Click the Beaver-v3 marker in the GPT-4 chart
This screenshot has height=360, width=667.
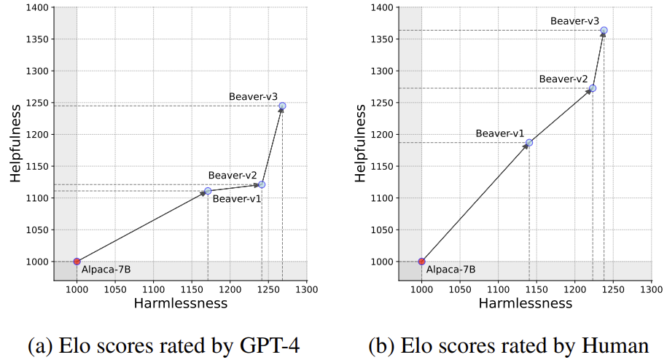[282, 106]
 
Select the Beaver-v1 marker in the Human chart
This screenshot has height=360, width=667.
[529, 142]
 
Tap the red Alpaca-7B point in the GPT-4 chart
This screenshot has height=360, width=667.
[77, 261]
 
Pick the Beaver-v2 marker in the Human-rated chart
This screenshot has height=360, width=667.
[593, 88]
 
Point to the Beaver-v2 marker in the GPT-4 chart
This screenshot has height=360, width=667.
[262, 184]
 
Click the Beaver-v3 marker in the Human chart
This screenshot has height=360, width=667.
[604, 31]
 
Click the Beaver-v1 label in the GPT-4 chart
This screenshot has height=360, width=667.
[237, 199]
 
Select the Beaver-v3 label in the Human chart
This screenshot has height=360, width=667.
[574, 21]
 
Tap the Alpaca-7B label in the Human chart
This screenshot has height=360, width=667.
[450, 269]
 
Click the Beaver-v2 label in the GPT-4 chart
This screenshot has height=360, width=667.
[233, 175]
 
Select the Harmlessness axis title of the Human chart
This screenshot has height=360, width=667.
[526, 303]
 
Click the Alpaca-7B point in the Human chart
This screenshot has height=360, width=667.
[421, 261]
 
